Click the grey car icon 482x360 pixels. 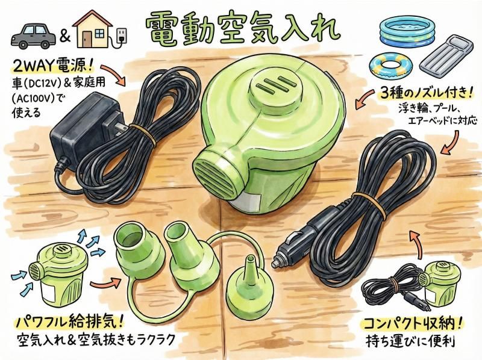click(x=34, y=36)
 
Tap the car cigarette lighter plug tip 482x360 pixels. click(x=275, y=262)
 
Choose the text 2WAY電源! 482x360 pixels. click(x=52, y=66)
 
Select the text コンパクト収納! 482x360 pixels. click(x=413, y=323)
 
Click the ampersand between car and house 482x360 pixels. click(x=65, y=37)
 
